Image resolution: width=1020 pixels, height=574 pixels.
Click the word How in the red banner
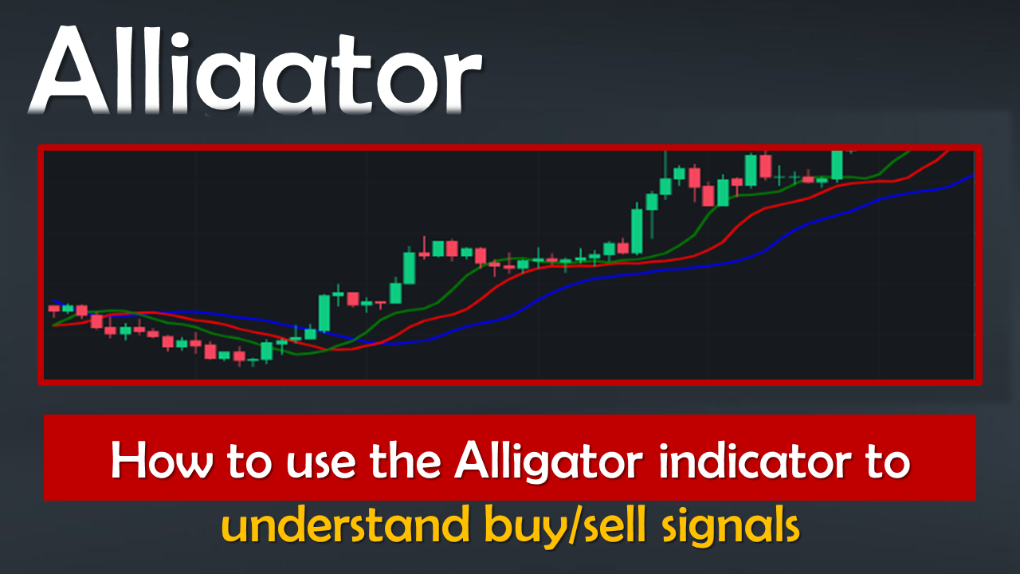point(162,460)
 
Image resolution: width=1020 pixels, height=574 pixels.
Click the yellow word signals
point(731,528)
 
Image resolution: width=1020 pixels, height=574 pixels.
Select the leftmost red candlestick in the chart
point(53,309)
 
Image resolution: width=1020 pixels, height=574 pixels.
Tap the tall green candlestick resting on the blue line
point(324,313)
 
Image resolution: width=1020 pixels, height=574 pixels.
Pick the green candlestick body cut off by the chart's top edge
point(837,165)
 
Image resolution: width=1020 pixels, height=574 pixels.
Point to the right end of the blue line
point(974,175)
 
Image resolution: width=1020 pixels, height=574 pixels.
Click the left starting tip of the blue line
point(53,301)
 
